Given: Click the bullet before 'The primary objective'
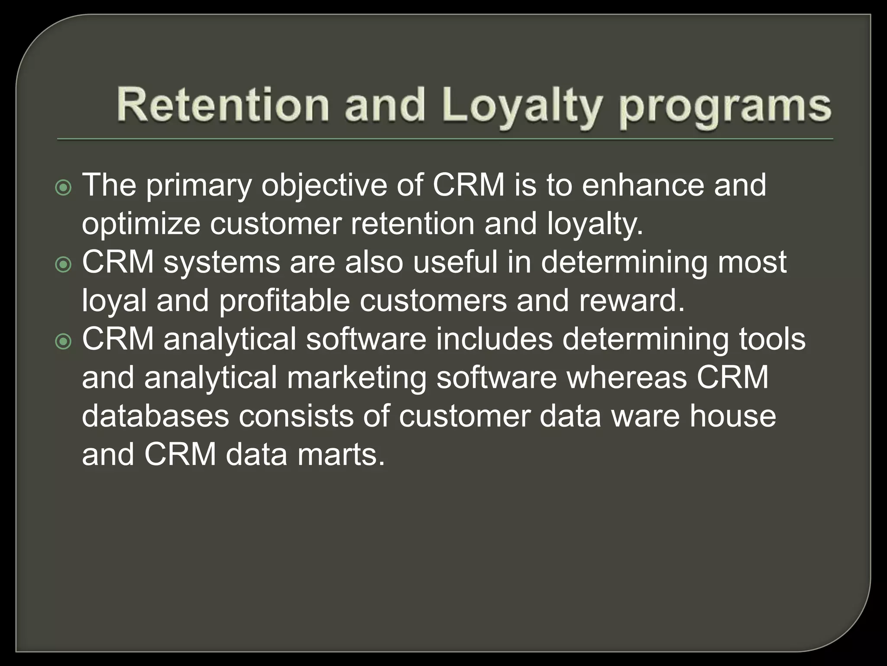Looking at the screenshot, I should point(64,188).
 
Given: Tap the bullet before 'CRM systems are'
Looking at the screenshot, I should point(64,265).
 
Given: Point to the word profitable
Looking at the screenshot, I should point(284,300).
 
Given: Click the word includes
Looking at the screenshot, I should point(494,339).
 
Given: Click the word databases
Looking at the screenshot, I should point(155,416).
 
